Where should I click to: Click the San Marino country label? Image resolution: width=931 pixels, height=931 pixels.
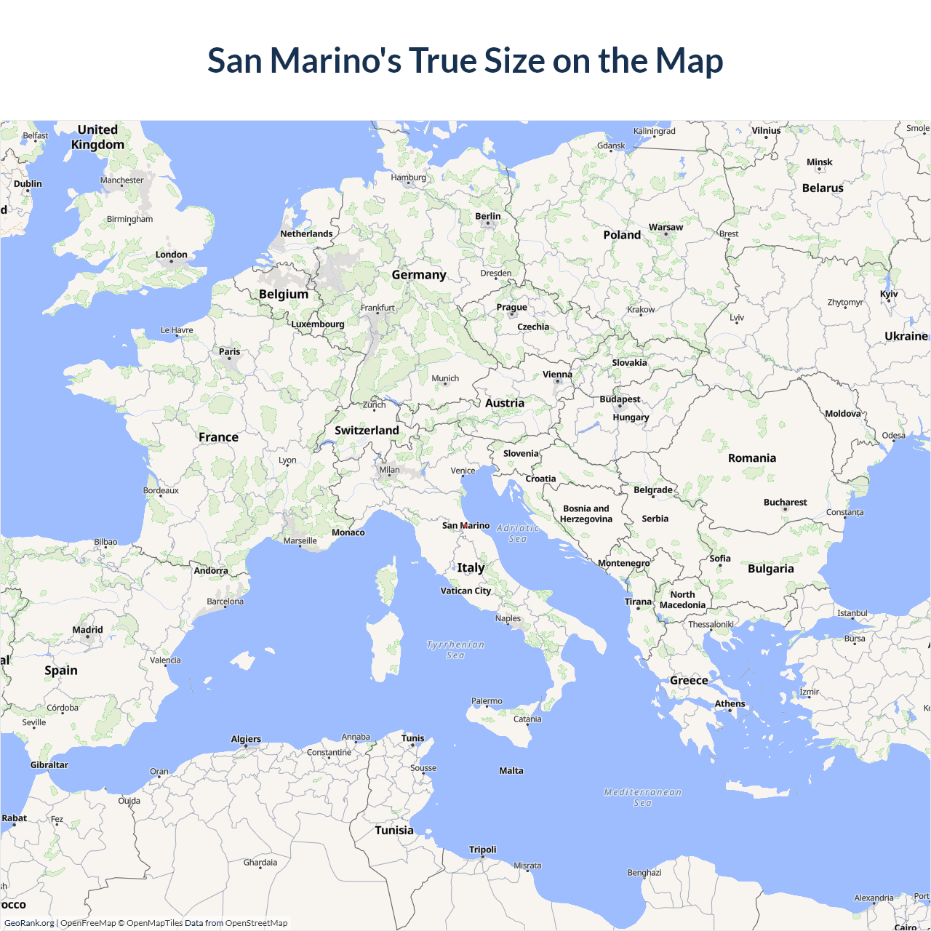point(465,525)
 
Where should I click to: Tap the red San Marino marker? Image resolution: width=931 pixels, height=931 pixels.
point(465,525)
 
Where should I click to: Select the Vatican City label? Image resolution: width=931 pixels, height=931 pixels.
point(465,591)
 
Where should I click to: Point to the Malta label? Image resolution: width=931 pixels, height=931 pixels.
point(511,770)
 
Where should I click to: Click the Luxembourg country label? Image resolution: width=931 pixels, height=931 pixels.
point(318,324)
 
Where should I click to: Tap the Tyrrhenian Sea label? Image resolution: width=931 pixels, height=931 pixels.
point(455,650)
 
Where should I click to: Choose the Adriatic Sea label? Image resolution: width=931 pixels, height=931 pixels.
point(518,533)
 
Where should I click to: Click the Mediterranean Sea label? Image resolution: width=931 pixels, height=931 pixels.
point(643,797)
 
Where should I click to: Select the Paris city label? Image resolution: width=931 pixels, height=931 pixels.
point(229,351)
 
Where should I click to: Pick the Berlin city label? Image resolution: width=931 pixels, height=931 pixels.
point(488,216)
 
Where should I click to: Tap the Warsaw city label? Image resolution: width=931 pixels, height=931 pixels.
point(666,227)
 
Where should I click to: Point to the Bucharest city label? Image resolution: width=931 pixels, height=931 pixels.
point(785,502)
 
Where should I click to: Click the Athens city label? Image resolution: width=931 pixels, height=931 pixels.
point(730,703)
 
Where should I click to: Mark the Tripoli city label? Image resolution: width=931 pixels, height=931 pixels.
point(483,849)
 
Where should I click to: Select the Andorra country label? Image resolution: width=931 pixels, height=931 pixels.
point(211,570)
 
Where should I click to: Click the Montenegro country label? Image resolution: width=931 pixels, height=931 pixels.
point(623,563)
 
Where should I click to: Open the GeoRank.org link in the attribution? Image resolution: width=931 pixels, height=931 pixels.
point(29,923)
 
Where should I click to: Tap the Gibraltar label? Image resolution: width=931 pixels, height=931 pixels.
point(49,764)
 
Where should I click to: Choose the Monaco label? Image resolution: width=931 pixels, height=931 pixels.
point(348,532)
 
